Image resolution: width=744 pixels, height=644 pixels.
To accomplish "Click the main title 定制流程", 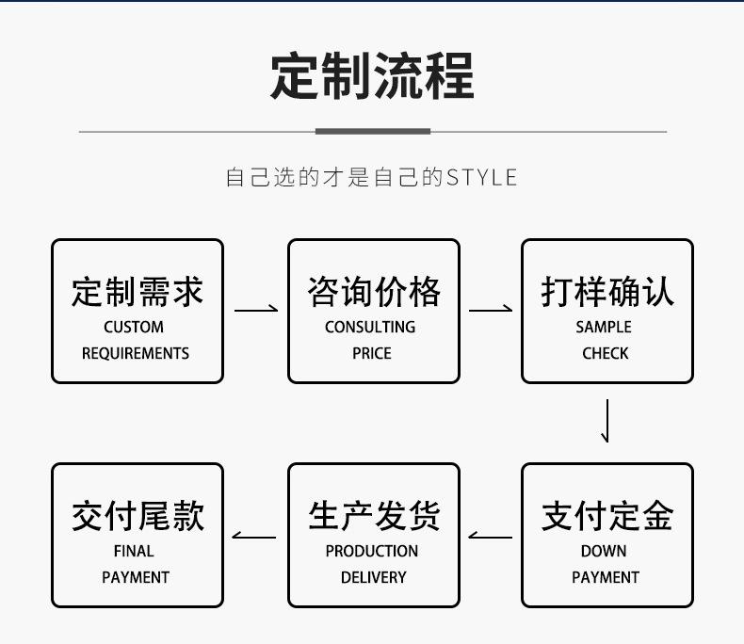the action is click(x=373, y=76).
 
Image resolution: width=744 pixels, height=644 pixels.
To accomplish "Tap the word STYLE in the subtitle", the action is click(x=481, y=177).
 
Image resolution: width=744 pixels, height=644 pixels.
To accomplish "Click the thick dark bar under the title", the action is click(x=373, y=132).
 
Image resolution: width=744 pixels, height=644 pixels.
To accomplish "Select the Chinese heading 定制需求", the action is click(x=137, y=292).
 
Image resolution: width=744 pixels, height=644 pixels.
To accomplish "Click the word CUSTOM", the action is click(x=134, y=327).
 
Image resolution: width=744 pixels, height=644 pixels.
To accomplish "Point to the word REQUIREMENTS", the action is click(x=136, y=353).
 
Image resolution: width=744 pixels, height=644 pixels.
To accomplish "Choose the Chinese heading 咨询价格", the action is click(x=374, y=292).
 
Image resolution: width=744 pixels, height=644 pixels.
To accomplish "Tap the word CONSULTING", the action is click(x=370, y=327).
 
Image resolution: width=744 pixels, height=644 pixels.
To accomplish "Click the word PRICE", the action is click(x=372, y=353).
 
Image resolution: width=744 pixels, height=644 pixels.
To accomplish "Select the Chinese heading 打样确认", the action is click(x=607, y=292).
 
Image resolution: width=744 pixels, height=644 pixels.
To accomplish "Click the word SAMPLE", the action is click(x=604, y=327).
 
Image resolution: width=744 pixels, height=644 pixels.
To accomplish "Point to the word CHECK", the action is click(x=606, y=353).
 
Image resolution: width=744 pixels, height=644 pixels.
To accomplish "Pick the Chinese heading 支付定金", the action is click(x=607, y=516).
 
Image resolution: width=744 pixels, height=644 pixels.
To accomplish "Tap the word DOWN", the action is click(x=604, y=551).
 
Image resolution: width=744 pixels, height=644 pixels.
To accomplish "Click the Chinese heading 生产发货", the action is click(x=374, y=516).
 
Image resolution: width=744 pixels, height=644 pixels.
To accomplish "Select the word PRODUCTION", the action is click(x=372, y=551).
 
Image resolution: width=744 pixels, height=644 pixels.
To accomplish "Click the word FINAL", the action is click(x=134, y=551).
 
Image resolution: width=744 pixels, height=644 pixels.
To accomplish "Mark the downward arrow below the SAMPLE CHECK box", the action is click(x=607, y=421).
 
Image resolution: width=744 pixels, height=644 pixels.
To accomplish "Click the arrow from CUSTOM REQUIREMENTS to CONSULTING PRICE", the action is click(x=256, y=310).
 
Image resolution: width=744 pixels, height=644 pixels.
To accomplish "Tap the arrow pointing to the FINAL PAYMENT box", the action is click(x=254, y=537).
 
